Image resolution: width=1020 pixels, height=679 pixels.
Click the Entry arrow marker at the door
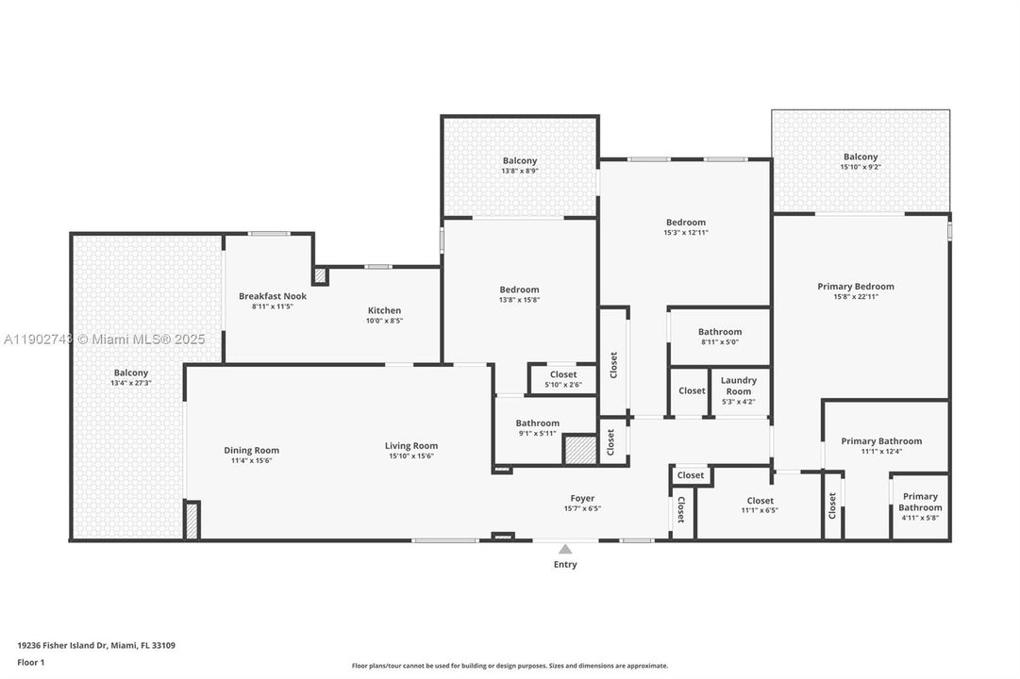coord(564,549)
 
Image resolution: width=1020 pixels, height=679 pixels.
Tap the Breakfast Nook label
coord(272,296)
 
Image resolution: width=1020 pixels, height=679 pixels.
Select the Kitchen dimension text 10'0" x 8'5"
coord(384,321)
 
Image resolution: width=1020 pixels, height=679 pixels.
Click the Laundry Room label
coord(738,386)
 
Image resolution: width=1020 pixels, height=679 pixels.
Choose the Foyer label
coord(582,498)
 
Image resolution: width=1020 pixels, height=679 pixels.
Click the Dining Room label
coord(251,450)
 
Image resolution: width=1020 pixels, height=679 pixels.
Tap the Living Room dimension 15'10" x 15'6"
coord(411,456)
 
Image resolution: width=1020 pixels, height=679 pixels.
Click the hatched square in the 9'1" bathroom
coord(579,449)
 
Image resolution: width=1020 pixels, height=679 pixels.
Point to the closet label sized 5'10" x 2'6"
coord(563,374)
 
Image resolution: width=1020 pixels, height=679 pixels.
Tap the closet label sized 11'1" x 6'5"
coord(760,501)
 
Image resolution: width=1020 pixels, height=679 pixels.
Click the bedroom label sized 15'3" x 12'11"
coord(686,223)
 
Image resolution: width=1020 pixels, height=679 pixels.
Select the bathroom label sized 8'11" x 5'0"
coord(720,332)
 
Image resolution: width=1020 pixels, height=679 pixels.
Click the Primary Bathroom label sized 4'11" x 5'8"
coord(920,502)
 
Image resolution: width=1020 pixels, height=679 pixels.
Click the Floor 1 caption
coord(31,662)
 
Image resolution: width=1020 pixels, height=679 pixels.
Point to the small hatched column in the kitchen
coord(320,275)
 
